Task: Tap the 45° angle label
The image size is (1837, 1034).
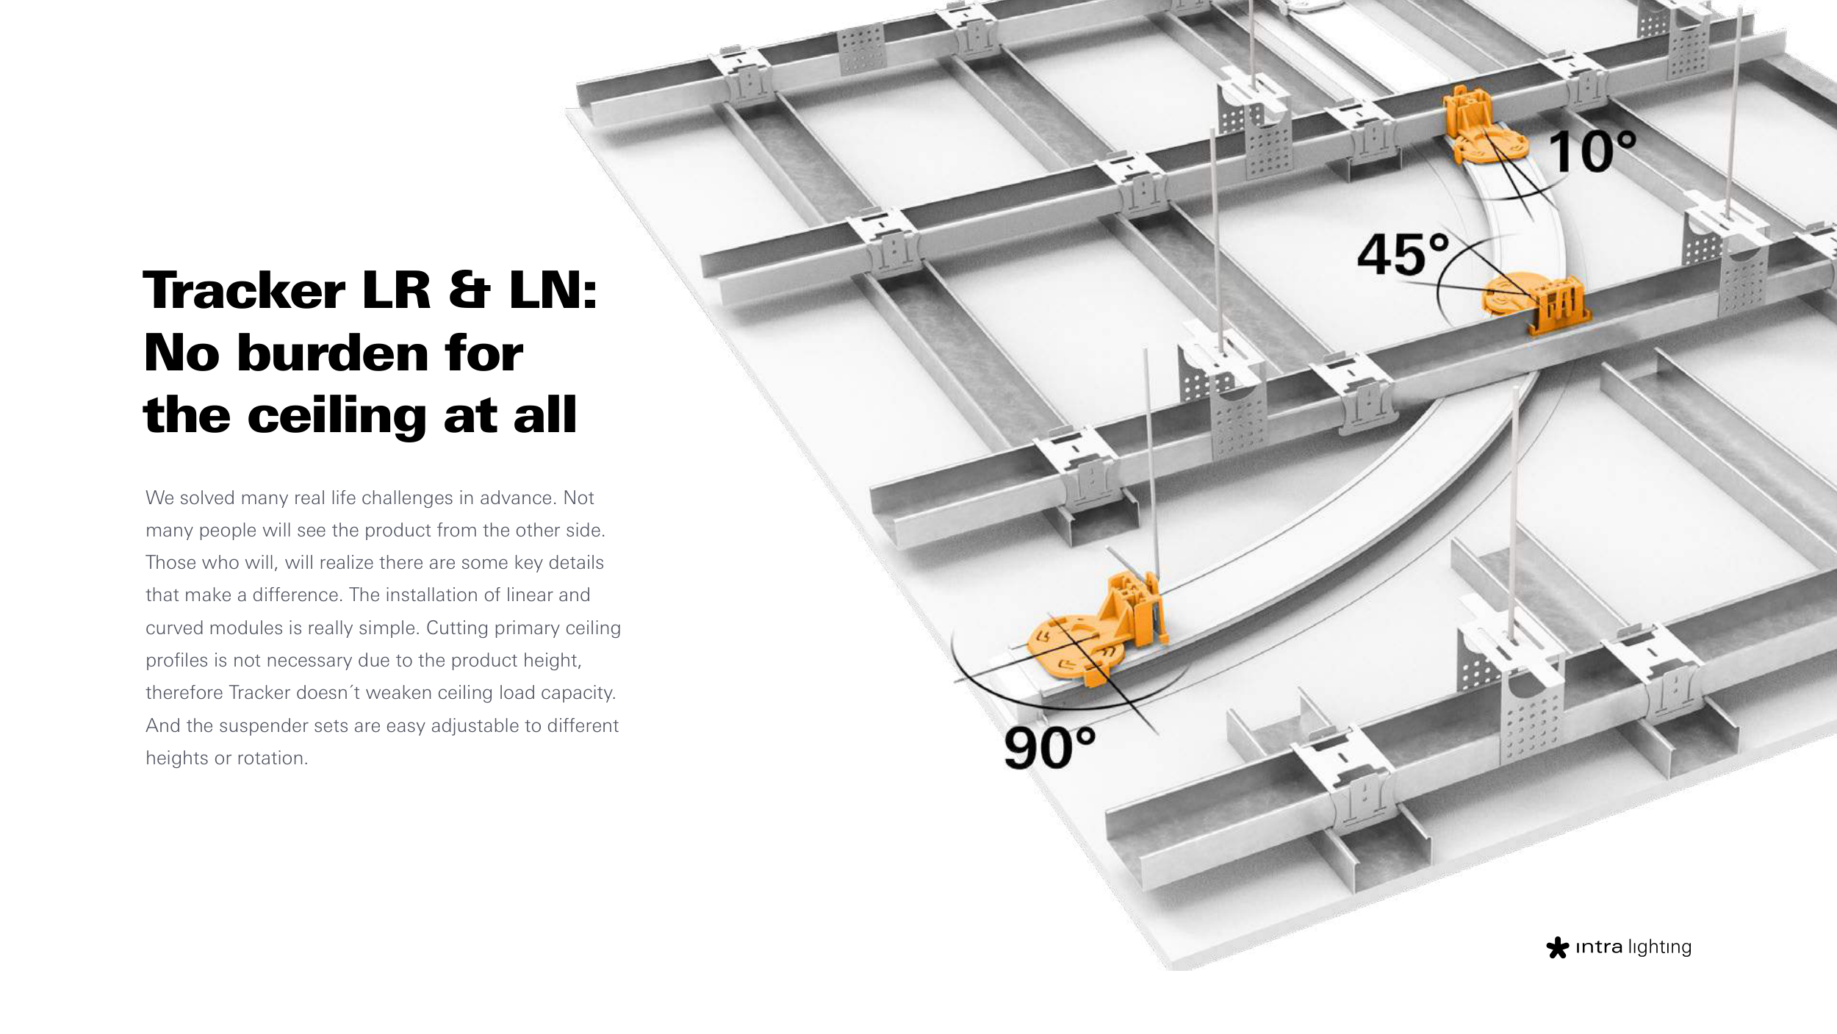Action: click(1403, 254)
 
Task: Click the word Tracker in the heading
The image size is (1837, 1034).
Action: click(244, 290)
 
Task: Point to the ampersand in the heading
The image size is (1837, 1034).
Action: click(469, 290)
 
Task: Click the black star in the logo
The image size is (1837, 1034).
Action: click(1557, 947)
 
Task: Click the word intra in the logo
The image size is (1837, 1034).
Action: click(1599, 947)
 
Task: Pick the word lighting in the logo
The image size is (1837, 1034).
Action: click(1660, 948)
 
